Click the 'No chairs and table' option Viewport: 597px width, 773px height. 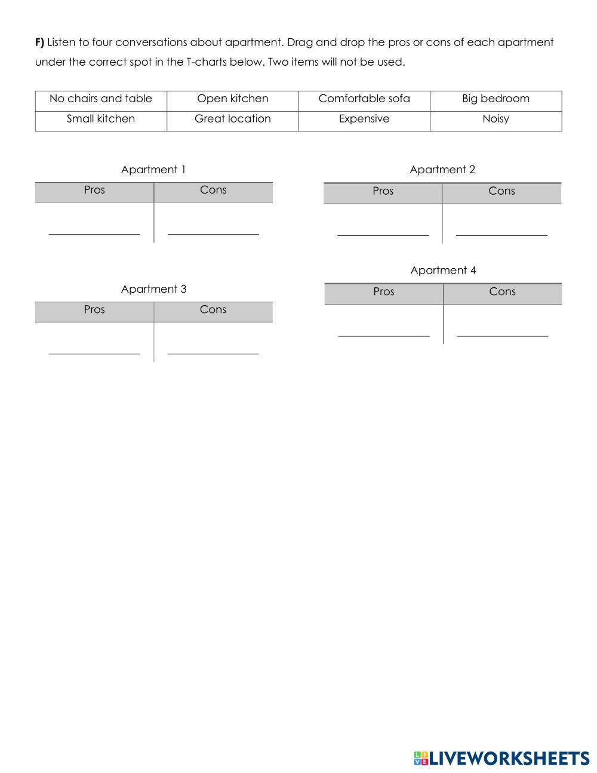coord(101,99)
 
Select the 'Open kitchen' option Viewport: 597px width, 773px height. coord(233,99)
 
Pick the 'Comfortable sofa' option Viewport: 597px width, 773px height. coord(364,99)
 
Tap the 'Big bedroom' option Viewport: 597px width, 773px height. coord(496,99)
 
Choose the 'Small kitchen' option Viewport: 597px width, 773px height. coord(101,119)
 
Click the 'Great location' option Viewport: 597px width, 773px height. coord(233,119)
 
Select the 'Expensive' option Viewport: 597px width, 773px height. coord(364,119)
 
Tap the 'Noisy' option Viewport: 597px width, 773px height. coord(496,119)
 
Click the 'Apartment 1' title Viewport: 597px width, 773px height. coord(153,170)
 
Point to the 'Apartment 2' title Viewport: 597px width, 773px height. coord(442,170)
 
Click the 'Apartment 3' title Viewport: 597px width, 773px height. coord(153,289)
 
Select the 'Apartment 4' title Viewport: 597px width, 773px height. coord(443,271)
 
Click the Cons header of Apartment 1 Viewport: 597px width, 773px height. coord(213,190)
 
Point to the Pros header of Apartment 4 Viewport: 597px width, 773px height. coord(384,292)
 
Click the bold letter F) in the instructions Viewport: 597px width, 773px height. coord(40,42)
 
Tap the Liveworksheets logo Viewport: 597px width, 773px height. coord(501,758)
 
